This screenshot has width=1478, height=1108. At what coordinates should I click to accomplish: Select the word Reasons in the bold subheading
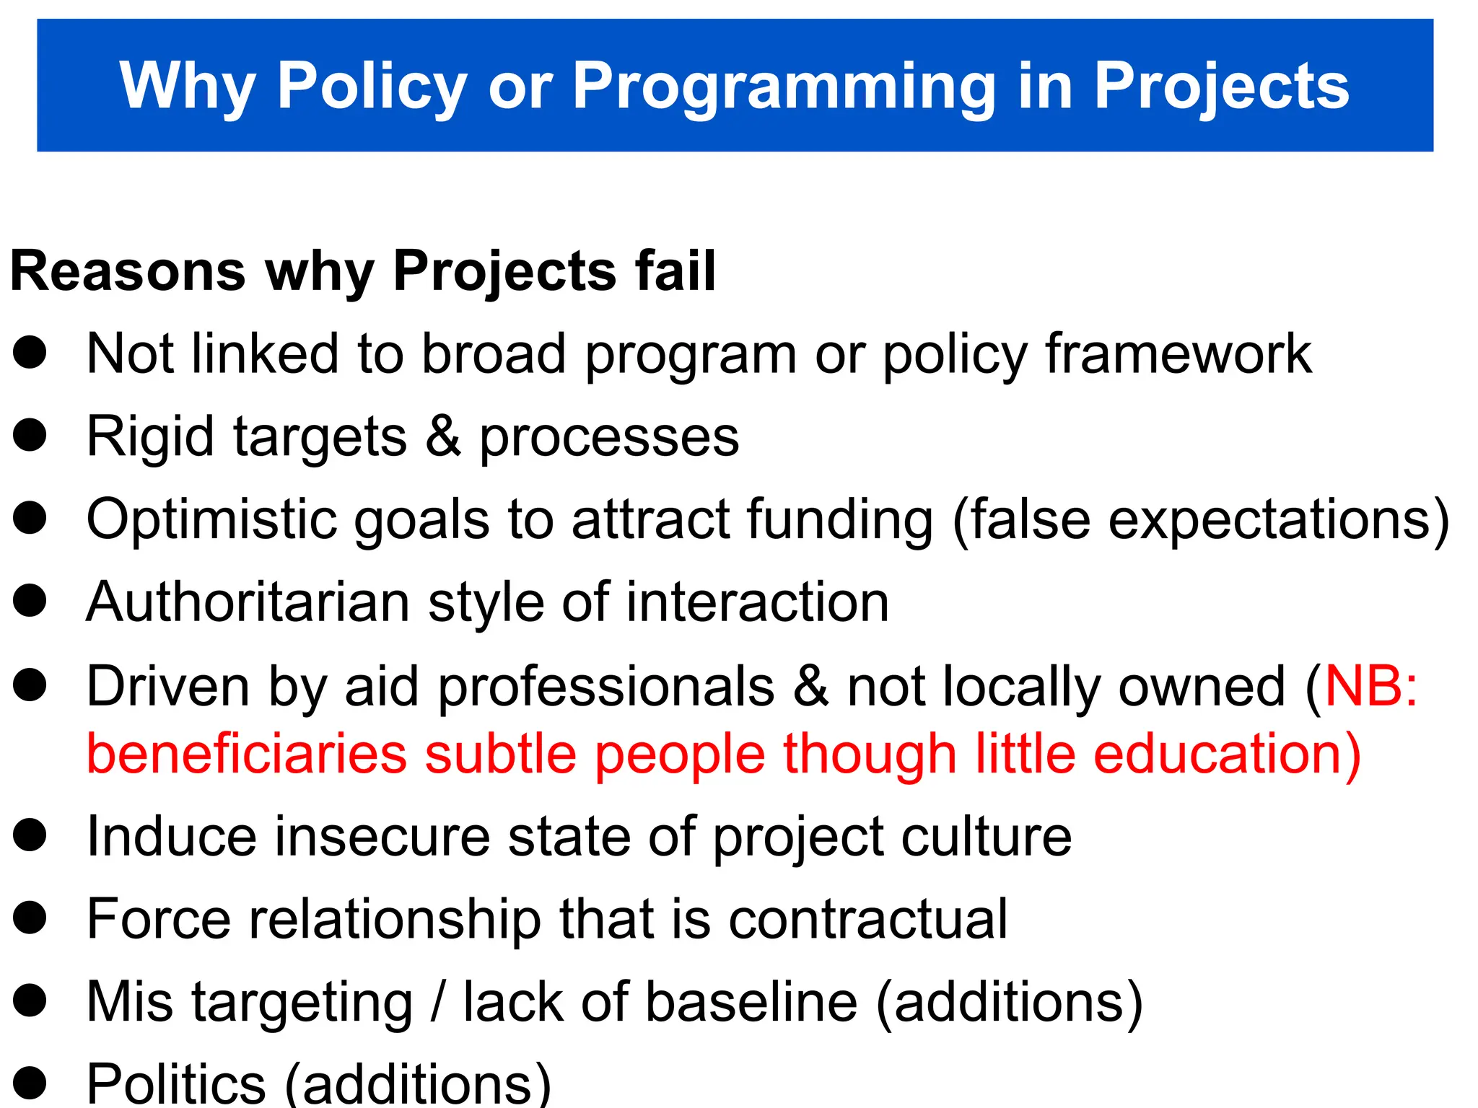click(128, 271)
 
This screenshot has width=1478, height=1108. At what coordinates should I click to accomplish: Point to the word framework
click(1178, 354)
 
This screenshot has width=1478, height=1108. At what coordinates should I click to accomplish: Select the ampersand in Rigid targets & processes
click(442, 437)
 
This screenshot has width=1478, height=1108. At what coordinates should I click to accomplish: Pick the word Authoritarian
click(248, 602)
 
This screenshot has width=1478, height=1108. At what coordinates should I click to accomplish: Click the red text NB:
click(1371, 686)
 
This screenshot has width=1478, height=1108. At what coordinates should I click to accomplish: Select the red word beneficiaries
click(247, 755)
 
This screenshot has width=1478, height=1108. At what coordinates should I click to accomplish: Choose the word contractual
click(867, 919)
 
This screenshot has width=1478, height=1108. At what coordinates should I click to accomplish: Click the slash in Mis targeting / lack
click(437, 1003)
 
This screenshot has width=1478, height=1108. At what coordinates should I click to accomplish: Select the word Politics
click(176, 1084)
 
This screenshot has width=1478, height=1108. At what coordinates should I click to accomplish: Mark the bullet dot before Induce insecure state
click(30, 835)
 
